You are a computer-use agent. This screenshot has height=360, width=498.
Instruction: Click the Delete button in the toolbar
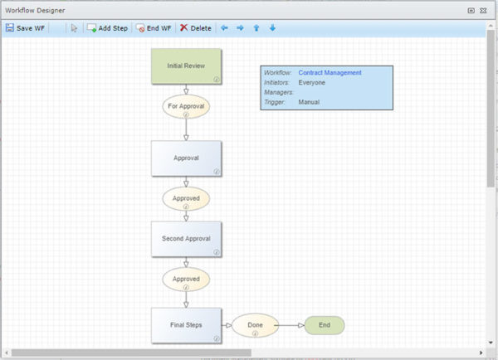pyautogui.click(x=196, y=28)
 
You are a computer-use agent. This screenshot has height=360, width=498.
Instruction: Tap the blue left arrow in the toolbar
pyautogui.click(x=224, y=28)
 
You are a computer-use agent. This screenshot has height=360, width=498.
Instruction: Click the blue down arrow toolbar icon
pyautogui.click(x=272, y=28)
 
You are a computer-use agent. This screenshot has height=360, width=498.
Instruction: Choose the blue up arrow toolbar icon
pyautogui.click(x=256, y=28)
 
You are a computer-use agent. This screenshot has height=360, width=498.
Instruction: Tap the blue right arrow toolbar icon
pyautogui.click(x=240, y=28)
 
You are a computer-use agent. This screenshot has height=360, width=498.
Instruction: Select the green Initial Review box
pyautogui.click(x=186, y=66)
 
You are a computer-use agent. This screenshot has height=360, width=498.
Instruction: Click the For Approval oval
pyautogui.click(x=186, y=106)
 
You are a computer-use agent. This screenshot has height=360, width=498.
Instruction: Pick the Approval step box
pyautogui.click(x=186, y=158)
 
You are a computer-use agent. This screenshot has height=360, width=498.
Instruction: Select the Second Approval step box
pyautogui.click(x=186, y=238)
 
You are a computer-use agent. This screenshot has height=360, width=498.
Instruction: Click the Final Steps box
pyautogui.click(x=186, y=324)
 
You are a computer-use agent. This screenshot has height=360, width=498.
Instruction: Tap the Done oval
pyautogui.click(x=255, y=325)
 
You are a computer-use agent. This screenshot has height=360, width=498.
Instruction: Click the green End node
pyautogui.click(x=324, y=325)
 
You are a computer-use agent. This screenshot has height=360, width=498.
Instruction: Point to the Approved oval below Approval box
pyautogui.click(x=186, y=199)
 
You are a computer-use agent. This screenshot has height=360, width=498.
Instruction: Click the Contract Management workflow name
pyautogui.click(x=330, y=73)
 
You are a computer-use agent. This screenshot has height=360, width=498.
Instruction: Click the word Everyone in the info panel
pyautogui.click(x=311, y=82)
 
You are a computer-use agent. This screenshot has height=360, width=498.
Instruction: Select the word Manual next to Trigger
pyautogui.click(x=308, y=102)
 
